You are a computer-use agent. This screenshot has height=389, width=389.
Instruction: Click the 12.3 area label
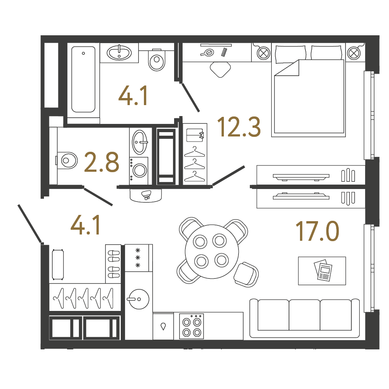239,127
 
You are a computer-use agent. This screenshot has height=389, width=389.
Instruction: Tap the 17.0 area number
317,231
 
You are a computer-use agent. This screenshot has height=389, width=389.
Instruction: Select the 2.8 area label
102,162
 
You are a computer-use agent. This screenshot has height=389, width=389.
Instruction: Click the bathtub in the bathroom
84,79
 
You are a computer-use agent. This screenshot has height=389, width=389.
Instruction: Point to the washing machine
139,171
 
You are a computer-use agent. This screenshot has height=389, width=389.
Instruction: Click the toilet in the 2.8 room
66,160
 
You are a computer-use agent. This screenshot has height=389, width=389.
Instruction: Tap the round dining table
212,252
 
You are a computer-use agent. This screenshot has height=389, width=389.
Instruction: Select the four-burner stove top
191,326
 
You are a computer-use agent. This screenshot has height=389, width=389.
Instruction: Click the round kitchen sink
139,299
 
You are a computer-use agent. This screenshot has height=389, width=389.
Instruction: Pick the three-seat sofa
304,318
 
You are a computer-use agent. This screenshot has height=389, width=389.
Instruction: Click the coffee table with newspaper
322,271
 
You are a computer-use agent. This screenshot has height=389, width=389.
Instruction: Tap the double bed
308,90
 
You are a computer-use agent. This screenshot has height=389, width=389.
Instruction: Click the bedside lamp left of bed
264,53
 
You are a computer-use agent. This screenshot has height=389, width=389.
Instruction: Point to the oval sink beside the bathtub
119,53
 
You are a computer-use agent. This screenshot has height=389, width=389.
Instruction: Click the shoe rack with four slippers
113,264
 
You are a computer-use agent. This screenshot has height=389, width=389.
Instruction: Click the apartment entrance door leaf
30,223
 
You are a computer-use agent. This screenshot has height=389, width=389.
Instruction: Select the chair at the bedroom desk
220,69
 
